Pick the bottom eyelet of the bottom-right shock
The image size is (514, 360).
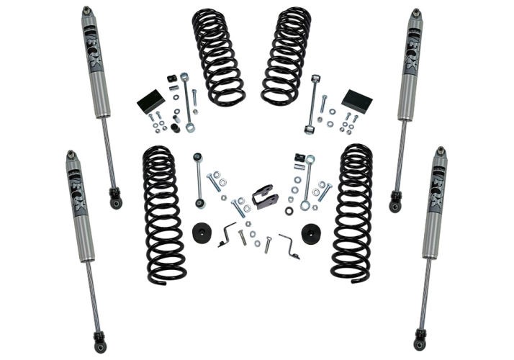click(420, 342)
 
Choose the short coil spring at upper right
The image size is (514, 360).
click(287, 56)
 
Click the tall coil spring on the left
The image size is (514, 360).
click(162, 214)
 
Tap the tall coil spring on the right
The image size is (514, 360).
click(353, 214)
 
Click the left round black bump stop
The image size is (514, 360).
click(202, 233)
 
